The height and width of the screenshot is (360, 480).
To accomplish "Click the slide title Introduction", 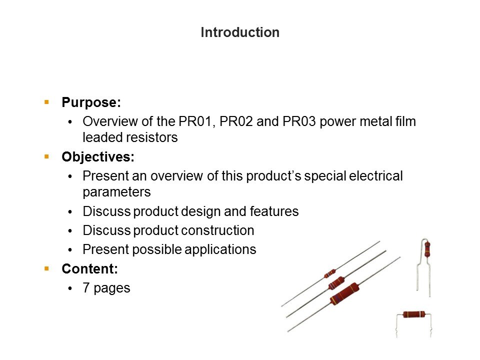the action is [x=240, y=32].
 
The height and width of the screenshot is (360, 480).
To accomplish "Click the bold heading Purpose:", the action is [x=91, y=102].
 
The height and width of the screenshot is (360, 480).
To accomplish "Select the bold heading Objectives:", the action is [x=98, y=157].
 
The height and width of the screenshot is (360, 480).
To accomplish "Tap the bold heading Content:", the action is [x=89, y=269].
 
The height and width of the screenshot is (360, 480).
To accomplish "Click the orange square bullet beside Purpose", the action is [x=46, y=102].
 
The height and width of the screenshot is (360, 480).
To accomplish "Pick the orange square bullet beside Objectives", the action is [x=46, y=156].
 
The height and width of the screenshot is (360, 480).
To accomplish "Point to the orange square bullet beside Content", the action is [x=46, y=269].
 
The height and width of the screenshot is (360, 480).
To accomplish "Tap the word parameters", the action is [x=116, y=192].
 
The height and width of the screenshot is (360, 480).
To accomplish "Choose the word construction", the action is [x=219, y=230].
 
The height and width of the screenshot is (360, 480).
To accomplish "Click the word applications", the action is [x=220, y=249].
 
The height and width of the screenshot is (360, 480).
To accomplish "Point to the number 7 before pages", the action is [x=86, y=288].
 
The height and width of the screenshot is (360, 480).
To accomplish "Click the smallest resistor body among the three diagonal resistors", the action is [x=330, y=273].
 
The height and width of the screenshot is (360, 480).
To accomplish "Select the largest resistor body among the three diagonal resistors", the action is [x=344, y=294].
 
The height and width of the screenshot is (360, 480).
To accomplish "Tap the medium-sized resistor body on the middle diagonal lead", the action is [x=336, y=283].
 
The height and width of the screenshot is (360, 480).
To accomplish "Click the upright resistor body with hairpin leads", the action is [x=427, y=249].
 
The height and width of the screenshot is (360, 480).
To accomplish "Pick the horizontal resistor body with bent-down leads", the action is [x=414, y=314].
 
